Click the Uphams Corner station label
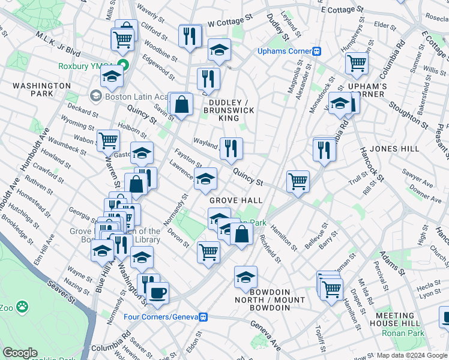click(x=285, y=52)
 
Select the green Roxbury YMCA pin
click(x=123, y=65)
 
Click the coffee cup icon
click(x=158, y=293)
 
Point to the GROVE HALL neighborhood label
click(x=236, y=200)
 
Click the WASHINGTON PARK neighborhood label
click(x=41, y=90)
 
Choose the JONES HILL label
click(x=393, y=148)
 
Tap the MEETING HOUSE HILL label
click(x=396, y=320)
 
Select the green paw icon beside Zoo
click(x=22, y=307)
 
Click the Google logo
click(x=20, y=353)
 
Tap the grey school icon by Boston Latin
click(x=95, y=96)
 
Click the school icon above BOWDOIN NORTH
click(x=245, y=277)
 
